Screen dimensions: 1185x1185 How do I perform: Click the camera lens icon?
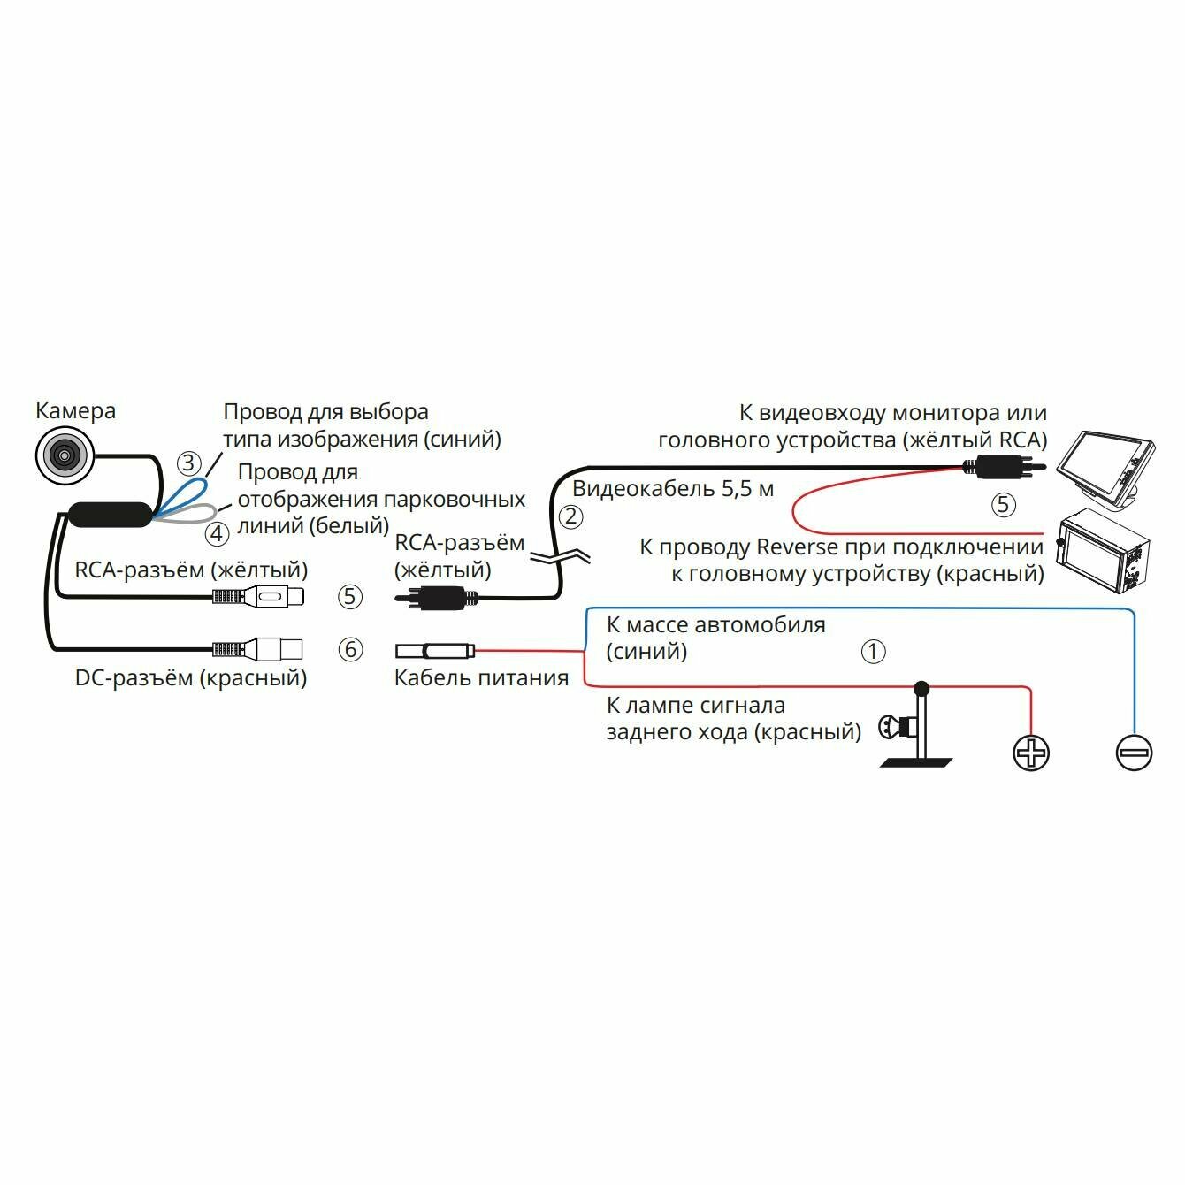pyautogui.click(x=64, y=455)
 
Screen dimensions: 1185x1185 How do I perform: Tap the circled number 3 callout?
pyautogui.click(x=187, y=463)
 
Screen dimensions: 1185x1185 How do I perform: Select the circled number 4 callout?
pyautogui.click(x=217, y=534)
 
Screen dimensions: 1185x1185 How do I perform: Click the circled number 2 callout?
pyautogui.click(x=570, y=516)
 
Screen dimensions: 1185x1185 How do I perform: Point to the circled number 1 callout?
pyautogui.click(x=873, y=652)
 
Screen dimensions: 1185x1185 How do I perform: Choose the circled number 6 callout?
pyautogui.click(x=351, y=650)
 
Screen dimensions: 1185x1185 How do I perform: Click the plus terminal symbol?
pyautogui.click(x=1030, y=753)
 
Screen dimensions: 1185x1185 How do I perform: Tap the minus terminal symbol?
pyautogui.click(x=1134, y=753)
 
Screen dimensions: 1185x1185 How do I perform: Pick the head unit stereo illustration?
pyautogui.click(x=1103, y=554)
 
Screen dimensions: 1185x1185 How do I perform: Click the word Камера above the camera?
pyautogui.click(x=75, y=411)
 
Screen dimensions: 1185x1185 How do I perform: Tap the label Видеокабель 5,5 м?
pyautogui.click(x=673, y=488)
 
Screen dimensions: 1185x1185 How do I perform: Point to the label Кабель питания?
pyautogui.click(x=481, y=678)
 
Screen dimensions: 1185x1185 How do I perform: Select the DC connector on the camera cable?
pyautogui.click(x=258, y=650)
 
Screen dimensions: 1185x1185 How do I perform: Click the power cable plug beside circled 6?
pyautogui.click(x=434, y=652)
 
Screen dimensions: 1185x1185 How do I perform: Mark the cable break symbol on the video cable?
pyautogui.click(x=559, y=556)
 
